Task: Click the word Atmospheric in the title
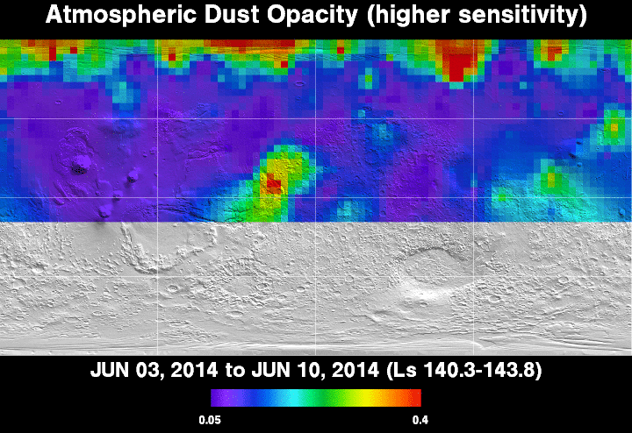(120, 15)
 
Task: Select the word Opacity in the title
(312, 15)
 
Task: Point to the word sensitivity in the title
(520, 15)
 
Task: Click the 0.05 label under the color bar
(210, 420)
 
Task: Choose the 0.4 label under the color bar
(420, 420)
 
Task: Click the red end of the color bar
(417, 398)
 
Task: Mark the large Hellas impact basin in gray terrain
(427, 278)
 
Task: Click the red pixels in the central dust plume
(272, 183)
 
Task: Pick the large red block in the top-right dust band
(460, 67)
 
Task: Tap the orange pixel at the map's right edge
(614, 128)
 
